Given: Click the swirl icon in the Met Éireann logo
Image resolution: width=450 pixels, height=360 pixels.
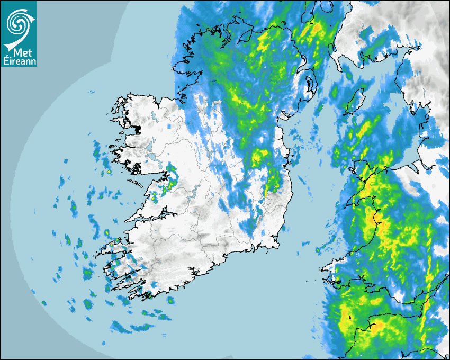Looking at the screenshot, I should [18, 23].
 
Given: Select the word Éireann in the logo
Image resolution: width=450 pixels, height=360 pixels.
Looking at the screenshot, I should [19, 61].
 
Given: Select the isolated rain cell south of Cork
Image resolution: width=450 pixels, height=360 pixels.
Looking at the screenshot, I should [170, 300].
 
